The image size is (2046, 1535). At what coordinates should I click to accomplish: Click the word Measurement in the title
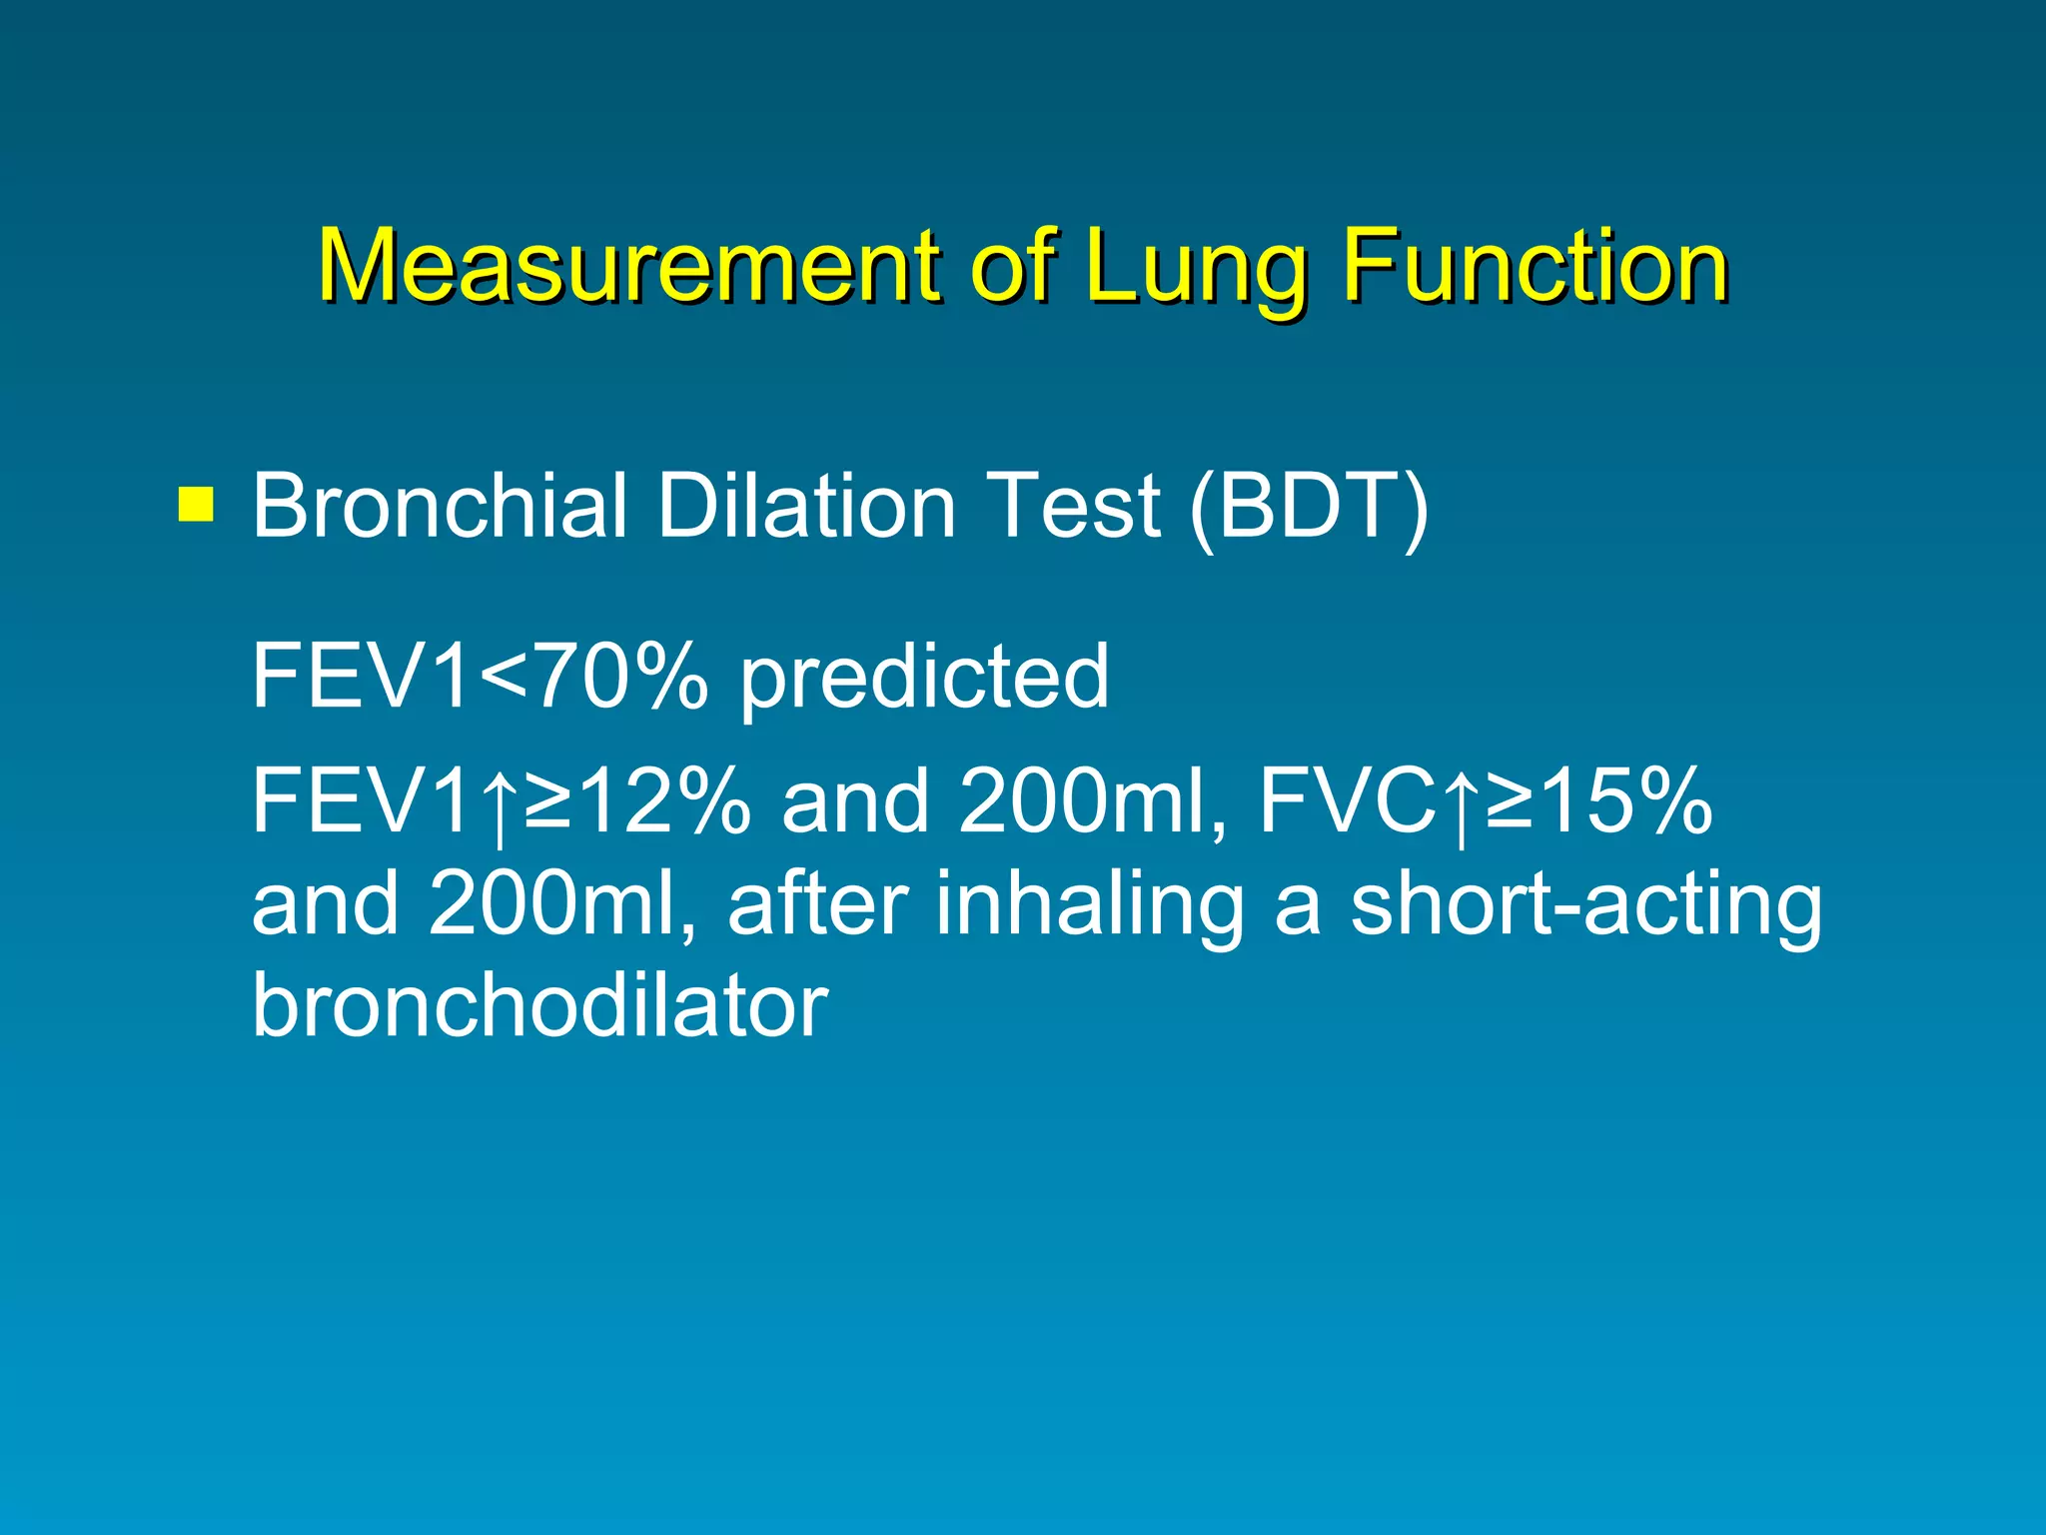coord(627,265)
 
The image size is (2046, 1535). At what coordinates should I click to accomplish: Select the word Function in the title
coord(1535,265)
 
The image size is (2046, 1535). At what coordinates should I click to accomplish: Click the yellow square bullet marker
coord(196,505)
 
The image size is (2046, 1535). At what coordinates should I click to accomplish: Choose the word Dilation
coord(805,506)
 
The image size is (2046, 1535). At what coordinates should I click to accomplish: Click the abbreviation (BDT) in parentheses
coord(1310,508)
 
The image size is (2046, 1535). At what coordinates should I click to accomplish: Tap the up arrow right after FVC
coord(1462,804)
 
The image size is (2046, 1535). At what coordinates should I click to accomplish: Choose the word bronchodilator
coord(539,1004)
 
